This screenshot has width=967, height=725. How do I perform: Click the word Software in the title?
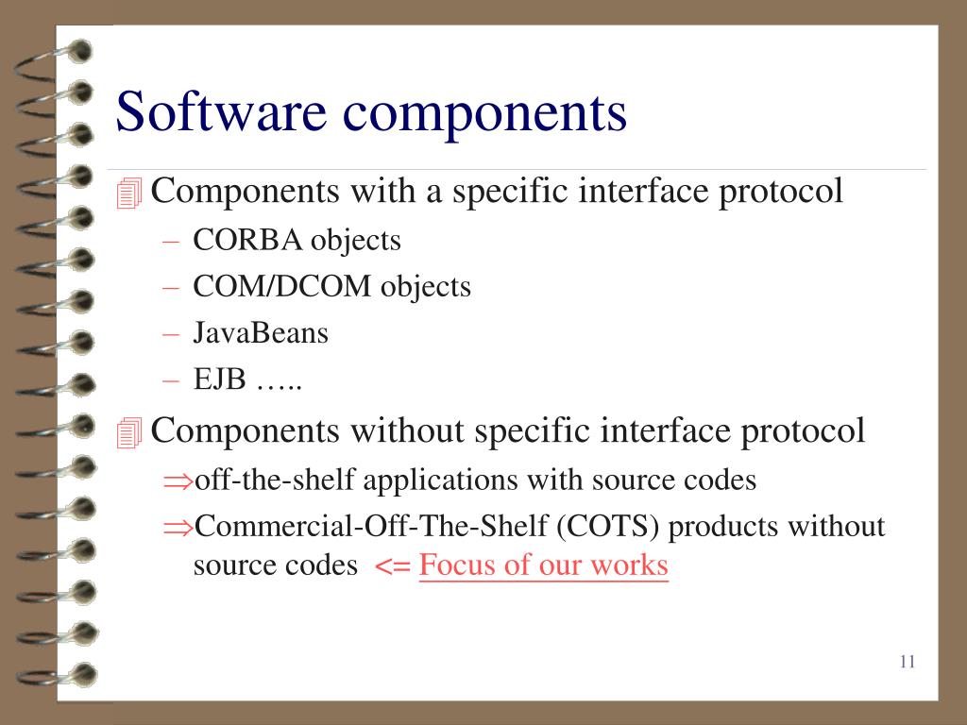221,111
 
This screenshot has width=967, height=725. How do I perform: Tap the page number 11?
908,661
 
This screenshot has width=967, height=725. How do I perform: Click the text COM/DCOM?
282,287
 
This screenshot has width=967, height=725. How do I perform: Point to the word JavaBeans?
261,333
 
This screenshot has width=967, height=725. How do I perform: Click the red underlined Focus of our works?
543,565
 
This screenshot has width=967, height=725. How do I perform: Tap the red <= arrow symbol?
392,567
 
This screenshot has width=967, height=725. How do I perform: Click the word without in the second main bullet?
408,430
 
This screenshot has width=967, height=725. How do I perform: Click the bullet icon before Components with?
129,194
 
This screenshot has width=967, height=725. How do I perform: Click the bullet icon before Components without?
129,433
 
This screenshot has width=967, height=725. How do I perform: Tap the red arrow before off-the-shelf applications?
177,482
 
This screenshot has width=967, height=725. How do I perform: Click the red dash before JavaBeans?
171,333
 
